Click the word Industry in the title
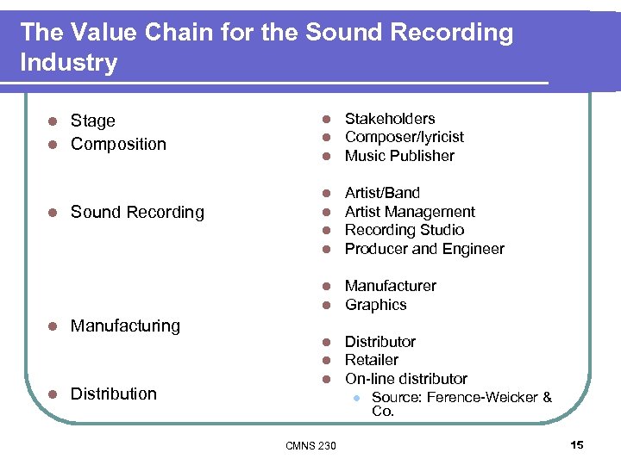pyautogui.click(x=68, y=63)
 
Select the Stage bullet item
pyautogui.click(x=92, y=121)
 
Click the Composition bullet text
pyautogui.click(x=118, y=144)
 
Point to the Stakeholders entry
pyautogui.click(x=390, y=119)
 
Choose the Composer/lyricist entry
pyautogui.click(x=404, y=137)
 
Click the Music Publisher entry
pyautogui.click(x=399, y=156)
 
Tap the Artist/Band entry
pyautogui.click(x=382, y=193)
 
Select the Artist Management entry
pyautogui.click(x=410, y=212)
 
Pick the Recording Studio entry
pyautogui.click(x=404, y=230)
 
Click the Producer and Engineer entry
pyautogui.click(x=424, y=249)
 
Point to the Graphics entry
pyautogui.click(x=375, y=305)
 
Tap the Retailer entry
pyautogui.click(x=372, y=360)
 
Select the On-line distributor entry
pyautogui.click(x=406, y=379)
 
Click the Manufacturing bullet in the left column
pyautogui.click(x=125, y=325)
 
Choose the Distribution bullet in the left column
pyautogui.click(x=114, y=394)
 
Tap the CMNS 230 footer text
pyautogui.click(x=310, y=445)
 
